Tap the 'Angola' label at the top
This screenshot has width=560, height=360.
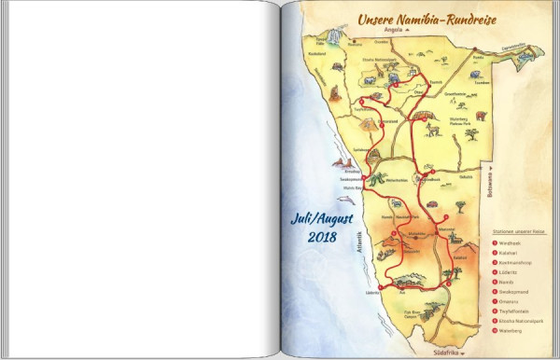(392, 29)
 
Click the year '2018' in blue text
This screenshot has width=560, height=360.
(320, 239)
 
